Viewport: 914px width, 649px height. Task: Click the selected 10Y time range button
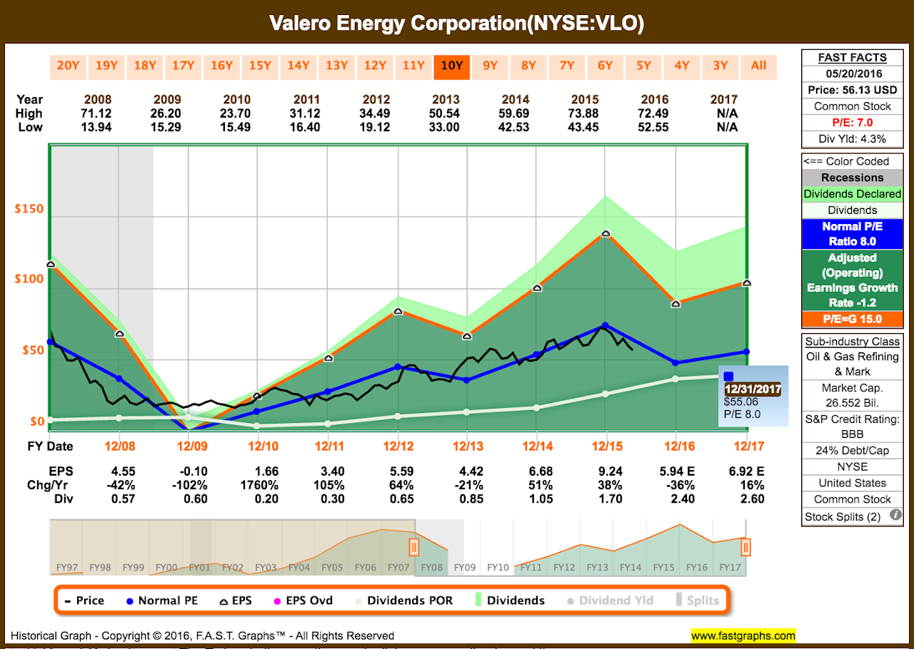(x=451, y=66)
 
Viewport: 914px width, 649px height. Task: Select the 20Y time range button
(x=68, y=66)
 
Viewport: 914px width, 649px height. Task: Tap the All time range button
(x=758, y=66)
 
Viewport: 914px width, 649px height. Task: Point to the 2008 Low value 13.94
(x=98, y=128)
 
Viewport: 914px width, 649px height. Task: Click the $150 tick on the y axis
(x=30, y=209)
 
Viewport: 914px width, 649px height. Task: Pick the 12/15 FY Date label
(x=606, y=446)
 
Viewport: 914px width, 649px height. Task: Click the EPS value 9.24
(x=606, y=471)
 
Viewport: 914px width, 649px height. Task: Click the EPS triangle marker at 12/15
(x=606, y=233)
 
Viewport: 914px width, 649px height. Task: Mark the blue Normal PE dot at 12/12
(x=398, y=367)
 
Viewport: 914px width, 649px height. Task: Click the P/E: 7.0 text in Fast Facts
(x=852, y=123)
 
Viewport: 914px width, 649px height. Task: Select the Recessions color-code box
(x=852, y=178)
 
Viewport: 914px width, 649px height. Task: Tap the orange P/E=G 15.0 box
(x=852, y=319)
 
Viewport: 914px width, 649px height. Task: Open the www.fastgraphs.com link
(x=743, y=635)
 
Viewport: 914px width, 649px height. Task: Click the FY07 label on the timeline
(x=397, y=567)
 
